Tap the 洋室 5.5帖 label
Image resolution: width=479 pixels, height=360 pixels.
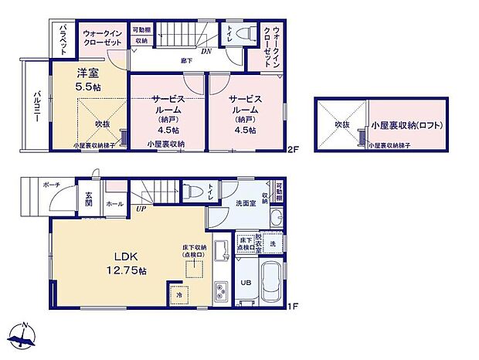[x=87, y=80]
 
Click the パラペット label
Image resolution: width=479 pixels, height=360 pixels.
[x=64, y=39]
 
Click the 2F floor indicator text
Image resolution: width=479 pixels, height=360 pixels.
[x=292, y=149]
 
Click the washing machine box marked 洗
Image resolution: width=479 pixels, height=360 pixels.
[x=272, y=243]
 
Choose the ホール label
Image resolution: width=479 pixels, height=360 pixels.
[x=114, y=203]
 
